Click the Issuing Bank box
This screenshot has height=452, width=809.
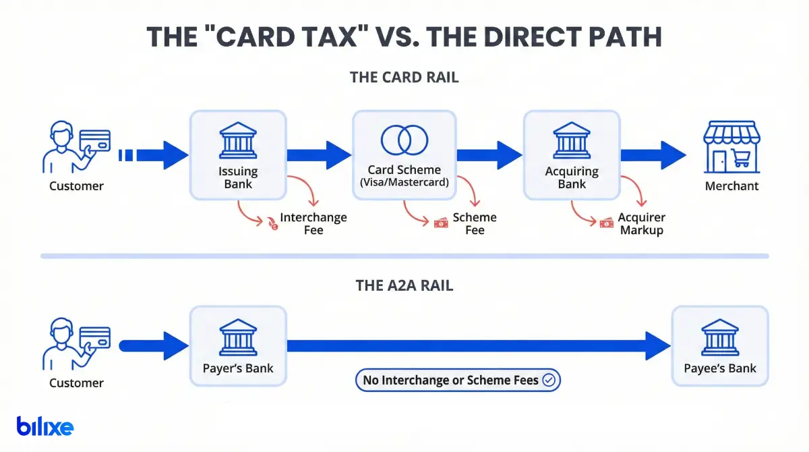(x=238, y=155)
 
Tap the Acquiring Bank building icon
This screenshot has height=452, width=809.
(x=572, y=140)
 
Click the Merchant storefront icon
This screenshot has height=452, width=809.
(x=731, y=147)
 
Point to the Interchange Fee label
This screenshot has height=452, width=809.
(x=313, y=223)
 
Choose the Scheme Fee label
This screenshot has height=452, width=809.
(x=475, y=223)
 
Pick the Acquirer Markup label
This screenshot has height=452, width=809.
(x=641, y=223)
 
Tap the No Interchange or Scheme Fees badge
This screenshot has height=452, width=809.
(x=458, y=380)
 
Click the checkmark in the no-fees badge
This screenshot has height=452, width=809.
(x=549, y=380)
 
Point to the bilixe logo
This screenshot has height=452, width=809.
(x=45, y=426)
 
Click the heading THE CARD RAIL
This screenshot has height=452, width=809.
(x=404, y=77)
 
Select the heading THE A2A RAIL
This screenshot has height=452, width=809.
(x=404, y=285)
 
